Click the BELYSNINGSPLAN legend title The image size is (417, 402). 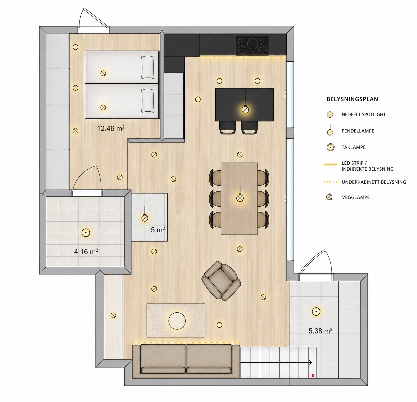coord(352,99)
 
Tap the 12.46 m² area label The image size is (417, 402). coord(111,128)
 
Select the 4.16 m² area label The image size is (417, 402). coord(86,251)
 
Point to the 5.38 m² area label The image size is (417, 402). coord(321,331)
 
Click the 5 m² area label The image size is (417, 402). coord(158,230)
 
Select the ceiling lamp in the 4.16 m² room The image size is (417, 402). coord(86,233)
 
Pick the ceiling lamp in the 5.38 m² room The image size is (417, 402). coord(316,311)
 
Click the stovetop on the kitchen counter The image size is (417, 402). coord(253,46)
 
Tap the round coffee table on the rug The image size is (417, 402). coord(177,321)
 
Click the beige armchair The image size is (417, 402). coord(221,281)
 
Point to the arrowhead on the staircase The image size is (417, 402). coord(311,362)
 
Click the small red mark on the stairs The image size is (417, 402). coord(313,375)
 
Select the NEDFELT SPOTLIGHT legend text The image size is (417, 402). coord(364,114)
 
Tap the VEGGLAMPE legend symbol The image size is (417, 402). coord(329,197)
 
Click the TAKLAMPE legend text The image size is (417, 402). coord(354,147)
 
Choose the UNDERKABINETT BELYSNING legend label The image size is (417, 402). coord(374,182)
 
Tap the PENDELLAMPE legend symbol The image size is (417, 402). coord(330,130)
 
